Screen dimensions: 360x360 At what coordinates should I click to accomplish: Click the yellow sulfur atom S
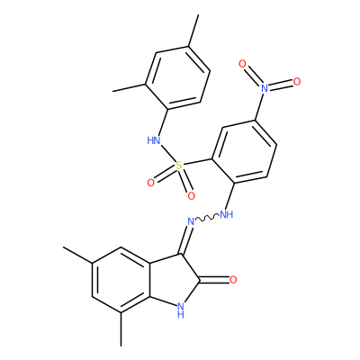pos(179,166)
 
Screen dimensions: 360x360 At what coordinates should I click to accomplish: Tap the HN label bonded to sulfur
pos(154,140)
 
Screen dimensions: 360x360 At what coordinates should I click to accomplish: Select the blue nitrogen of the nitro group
pos(264,88)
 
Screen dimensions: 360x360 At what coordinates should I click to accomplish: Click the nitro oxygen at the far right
pos(297,81)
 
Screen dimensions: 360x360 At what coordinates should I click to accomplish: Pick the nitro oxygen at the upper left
pos(242,64)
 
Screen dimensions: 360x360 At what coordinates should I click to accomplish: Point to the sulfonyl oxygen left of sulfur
pos(151,183)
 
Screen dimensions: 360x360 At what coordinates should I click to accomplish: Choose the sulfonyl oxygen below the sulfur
pos(191,196)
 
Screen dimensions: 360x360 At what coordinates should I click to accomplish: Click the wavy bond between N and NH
pos(207,219)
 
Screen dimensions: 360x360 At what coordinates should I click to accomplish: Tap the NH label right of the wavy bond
pos(227,214)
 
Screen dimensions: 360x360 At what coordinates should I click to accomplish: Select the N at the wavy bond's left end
pos(191,222)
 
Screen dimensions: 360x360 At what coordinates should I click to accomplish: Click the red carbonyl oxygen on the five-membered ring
pos(233,280)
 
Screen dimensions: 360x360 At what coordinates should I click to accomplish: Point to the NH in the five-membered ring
pos(180,310)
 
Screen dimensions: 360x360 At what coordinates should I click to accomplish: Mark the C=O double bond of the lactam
pos(214,280)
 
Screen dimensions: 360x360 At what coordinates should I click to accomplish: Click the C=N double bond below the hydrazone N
pos(185,240)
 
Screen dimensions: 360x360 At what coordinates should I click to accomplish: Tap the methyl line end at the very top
pos(198,14)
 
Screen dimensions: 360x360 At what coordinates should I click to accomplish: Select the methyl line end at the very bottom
pos(121,346)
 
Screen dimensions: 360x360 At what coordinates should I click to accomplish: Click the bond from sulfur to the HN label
pos(168,153)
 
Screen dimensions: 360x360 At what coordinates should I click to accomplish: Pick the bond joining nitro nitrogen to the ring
pos(259,106)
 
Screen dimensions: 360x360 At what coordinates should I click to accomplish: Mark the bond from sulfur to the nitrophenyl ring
pos(198,162)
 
